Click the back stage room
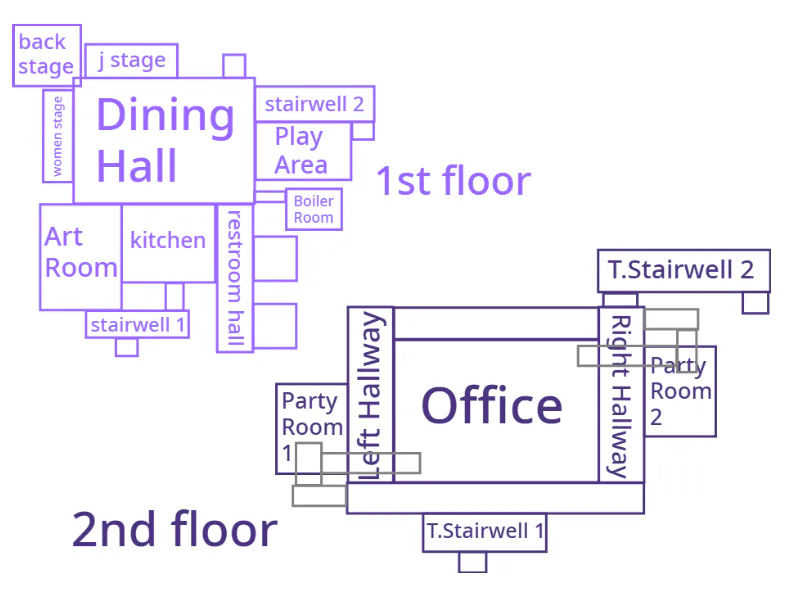point(47,56)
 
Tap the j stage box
point(131,61)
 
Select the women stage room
point(58,136)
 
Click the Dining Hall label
point(165,139)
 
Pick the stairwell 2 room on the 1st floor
point(315,104)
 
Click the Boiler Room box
point(314,209)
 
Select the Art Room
point(81,257)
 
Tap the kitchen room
point(168,243)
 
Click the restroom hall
point(235,278)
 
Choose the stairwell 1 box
point(137,325)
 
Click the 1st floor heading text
point(454,181)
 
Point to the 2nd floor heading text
point(175,529)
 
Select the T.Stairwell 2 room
point(684,270)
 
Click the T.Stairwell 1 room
point(485,532)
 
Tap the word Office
point(492,406)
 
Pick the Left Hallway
point(371,395)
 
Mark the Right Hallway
point(621,395)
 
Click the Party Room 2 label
point(681,391)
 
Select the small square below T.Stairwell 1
point(473,562)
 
